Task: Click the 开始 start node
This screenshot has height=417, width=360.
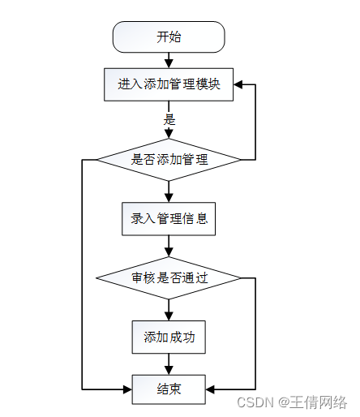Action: (x=169, y=37)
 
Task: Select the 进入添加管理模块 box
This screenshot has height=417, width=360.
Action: (x=169, y=84)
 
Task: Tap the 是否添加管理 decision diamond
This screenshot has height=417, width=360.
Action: (x=169, y=160)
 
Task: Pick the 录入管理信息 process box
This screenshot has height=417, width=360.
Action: (x=169, y=219)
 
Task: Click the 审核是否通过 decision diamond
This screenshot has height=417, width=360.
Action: (x=169, y=278)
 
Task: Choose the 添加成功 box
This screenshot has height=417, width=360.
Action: (x=169, y=337)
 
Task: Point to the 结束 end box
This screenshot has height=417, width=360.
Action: (x=169, y=389)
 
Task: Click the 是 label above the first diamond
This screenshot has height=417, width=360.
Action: (x=169, y=119)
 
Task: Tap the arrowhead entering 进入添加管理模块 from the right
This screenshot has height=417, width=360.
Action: (x=238, y=84)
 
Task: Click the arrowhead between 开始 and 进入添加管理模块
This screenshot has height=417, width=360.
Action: (x=169, y=64)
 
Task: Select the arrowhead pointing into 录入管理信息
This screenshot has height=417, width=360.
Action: (x=169, y=198)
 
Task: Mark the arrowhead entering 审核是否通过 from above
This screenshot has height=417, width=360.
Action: (x=169, y=252)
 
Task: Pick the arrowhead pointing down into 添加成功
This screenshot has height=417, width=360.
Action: (x=169, y=316)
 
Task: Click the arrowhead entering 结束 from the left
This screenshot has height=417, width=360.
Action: (x=127, y=389)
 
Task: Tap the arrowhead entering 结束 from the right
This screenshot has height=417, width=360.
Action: (x=210, y=389)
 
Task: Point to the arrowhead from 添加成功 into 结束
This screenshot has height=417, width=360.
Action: (x=169, y=371)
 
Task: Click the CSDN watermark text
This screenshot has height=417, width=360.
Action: (x=255, y=402)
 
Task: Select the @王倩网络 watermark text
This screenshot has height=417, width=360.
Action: (x=312, y=402)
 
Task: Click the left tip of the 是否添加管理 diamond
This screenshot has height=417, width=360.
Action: (x=97, y=160)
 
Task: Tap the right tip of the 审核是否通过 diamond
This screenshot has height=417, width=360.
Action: (x=240, y=278)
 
